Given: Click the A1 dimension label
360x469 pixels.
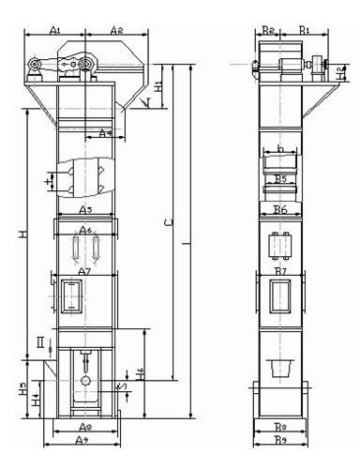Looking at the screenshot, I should (54, 30).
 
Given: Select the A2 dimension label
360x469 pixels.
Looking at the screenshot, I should (117, 30).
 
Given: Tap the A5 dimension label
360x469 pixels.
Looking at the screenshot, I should (85, 208).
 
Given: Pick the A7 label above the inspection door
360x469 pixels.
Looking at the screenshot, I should (84, 271).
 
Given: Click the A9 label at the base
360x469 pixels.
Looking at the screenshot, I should (82, 440).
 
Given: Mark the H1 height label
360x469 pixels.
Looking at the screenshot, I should (158, 86).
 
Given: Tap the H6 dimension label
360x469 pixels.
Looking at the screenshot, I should (139, 372).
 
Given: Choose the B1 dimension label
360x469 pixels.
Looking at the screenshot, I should (305, 30).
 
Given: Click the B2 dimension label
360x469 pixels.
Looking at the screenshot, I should (268, 30).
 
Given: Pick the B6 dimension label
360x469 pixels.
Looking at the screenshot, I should (279, 208).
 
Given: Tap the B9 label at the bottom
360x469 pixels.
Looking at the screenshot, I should (279, 440).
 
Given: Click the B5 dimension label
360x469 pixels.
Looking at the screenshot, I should (279, 177).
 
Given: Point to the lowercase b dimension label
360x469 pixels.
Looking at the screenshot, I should (279, 149).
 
